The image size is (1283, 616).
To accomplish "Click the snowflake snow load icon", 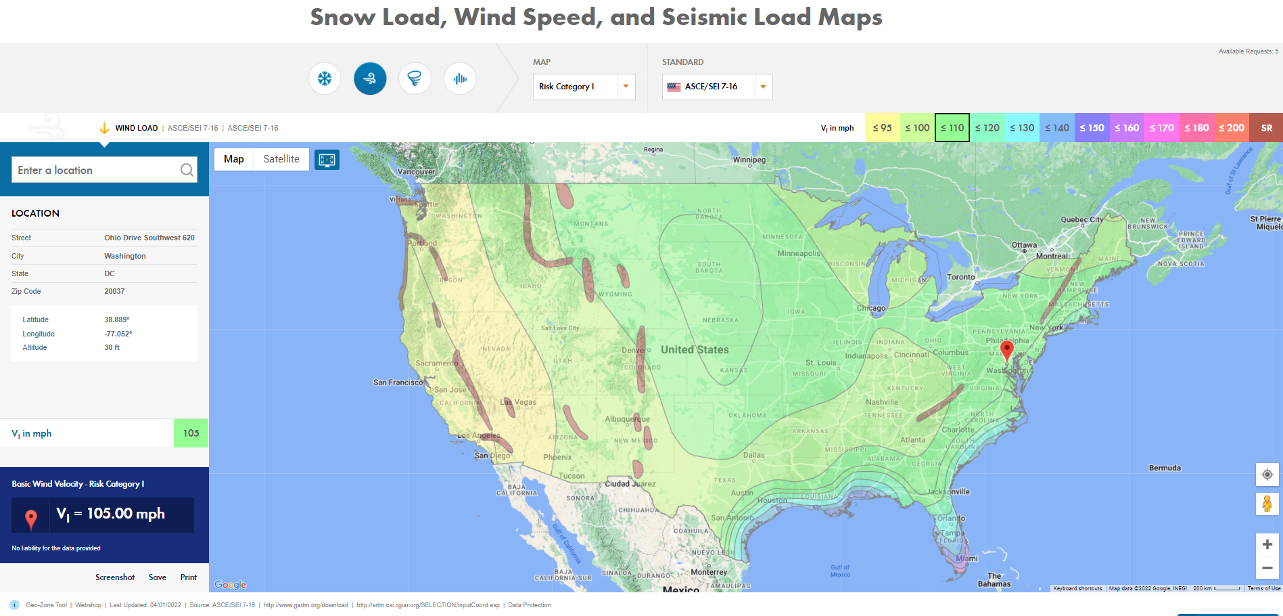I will pyautogui.click(x=325, y=79).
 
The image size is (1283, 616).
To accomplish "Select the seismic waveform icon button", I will pyautogui.click(x=460, y=79).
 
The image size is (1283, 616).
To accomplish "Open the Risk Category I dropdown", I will pyautogui.click(x=584, y=87).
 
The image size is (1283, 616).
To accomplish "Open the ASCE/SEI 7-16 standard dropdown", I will pyautogui.click(x=717, y=87).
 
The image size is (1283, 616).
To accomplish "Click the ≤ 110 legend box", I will pyautogui.click(x=952, y=128).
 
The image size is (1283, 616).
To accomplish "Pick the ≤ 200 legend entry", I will pyautogui.click(x=1231, y=128).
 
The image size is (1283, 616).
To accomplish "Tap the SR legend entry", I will pyautogui.click(x=1266, y=128).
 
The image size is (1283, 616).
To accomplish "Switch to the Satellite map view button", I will pyautogui.click(x=281, y=159).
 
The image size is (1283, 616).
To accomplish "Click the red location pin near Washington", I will pyautogui.click(x=1006, y=349).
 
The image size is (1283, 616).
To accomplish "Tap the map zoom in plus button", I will pyautogui.click(x=1267, y=544).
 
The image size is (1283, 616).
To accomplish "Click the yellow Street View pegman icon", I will pyautogui.click(x=1267, y=504).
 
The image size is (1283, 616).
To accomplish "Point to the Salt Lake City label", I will pyautogui.click(x=560, y=328).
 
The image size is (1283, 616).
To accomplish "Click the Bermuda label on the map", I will pyautogui.click(x=1165, y=468).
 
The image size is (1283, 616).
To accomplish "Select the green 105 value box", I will pyautogui.click(x=191, y=433).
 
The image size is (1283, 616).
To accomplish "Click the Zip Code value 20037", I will pyautogui.click(x=114, y=291).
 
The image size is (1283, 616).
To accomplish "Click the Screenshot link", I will pyautogui.click(x=115, y=577).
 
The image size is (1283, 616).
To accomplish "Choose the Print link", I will pyautogui.click(x=188, y=577).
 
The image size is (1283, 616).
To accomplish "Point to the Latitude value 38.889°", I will pyautogui.click(x=116, y=320).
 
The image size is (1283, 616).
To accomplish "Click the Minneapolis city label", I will pyautogui.click(x=798, y=253).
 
